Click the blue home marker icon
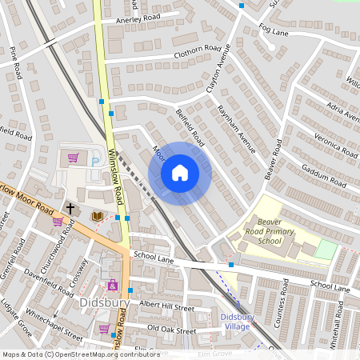click(180, 173)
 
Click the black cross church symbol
click(70, 208)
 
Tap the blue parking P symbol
click(95, 162)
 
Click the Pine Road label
click(15, 63)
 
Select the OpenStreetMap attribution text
click(70, 354)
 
